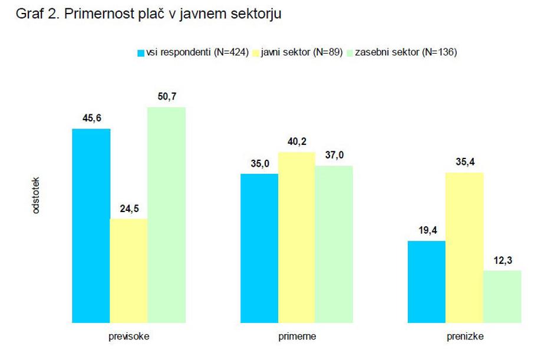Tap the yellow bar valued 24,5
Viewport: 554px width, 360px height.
[x=128, y=270]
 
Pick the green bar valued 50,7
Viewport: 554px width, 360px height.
[x=166, y=214]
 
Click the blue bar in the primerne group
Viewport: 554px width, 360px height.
[x=259, y=248]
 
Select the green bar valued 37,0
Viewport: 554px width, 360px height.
[x=334, y=244]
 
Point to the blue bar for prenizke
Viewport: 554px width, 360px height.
[x=427, y=282]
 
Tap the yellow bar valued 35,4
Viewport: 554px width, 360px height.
[x=464, y=247]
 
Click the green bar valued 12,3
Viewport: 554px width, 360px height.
[x=502, y=296]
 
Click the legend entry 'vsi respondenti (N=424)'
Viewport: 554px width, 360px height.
[x=188, y=52]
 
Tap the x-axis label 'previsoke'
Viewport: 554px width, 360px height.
[x=128, y=337]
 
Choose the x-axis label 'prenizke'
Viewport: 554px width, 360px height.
[x=464, y=337]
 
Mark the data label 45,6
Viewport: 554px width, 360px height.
[x=91, y=118]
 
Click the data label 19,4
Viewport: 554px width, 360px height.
[x=427, y=230]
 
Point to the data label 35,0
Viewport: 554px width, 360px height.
[x=259, y=163]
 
